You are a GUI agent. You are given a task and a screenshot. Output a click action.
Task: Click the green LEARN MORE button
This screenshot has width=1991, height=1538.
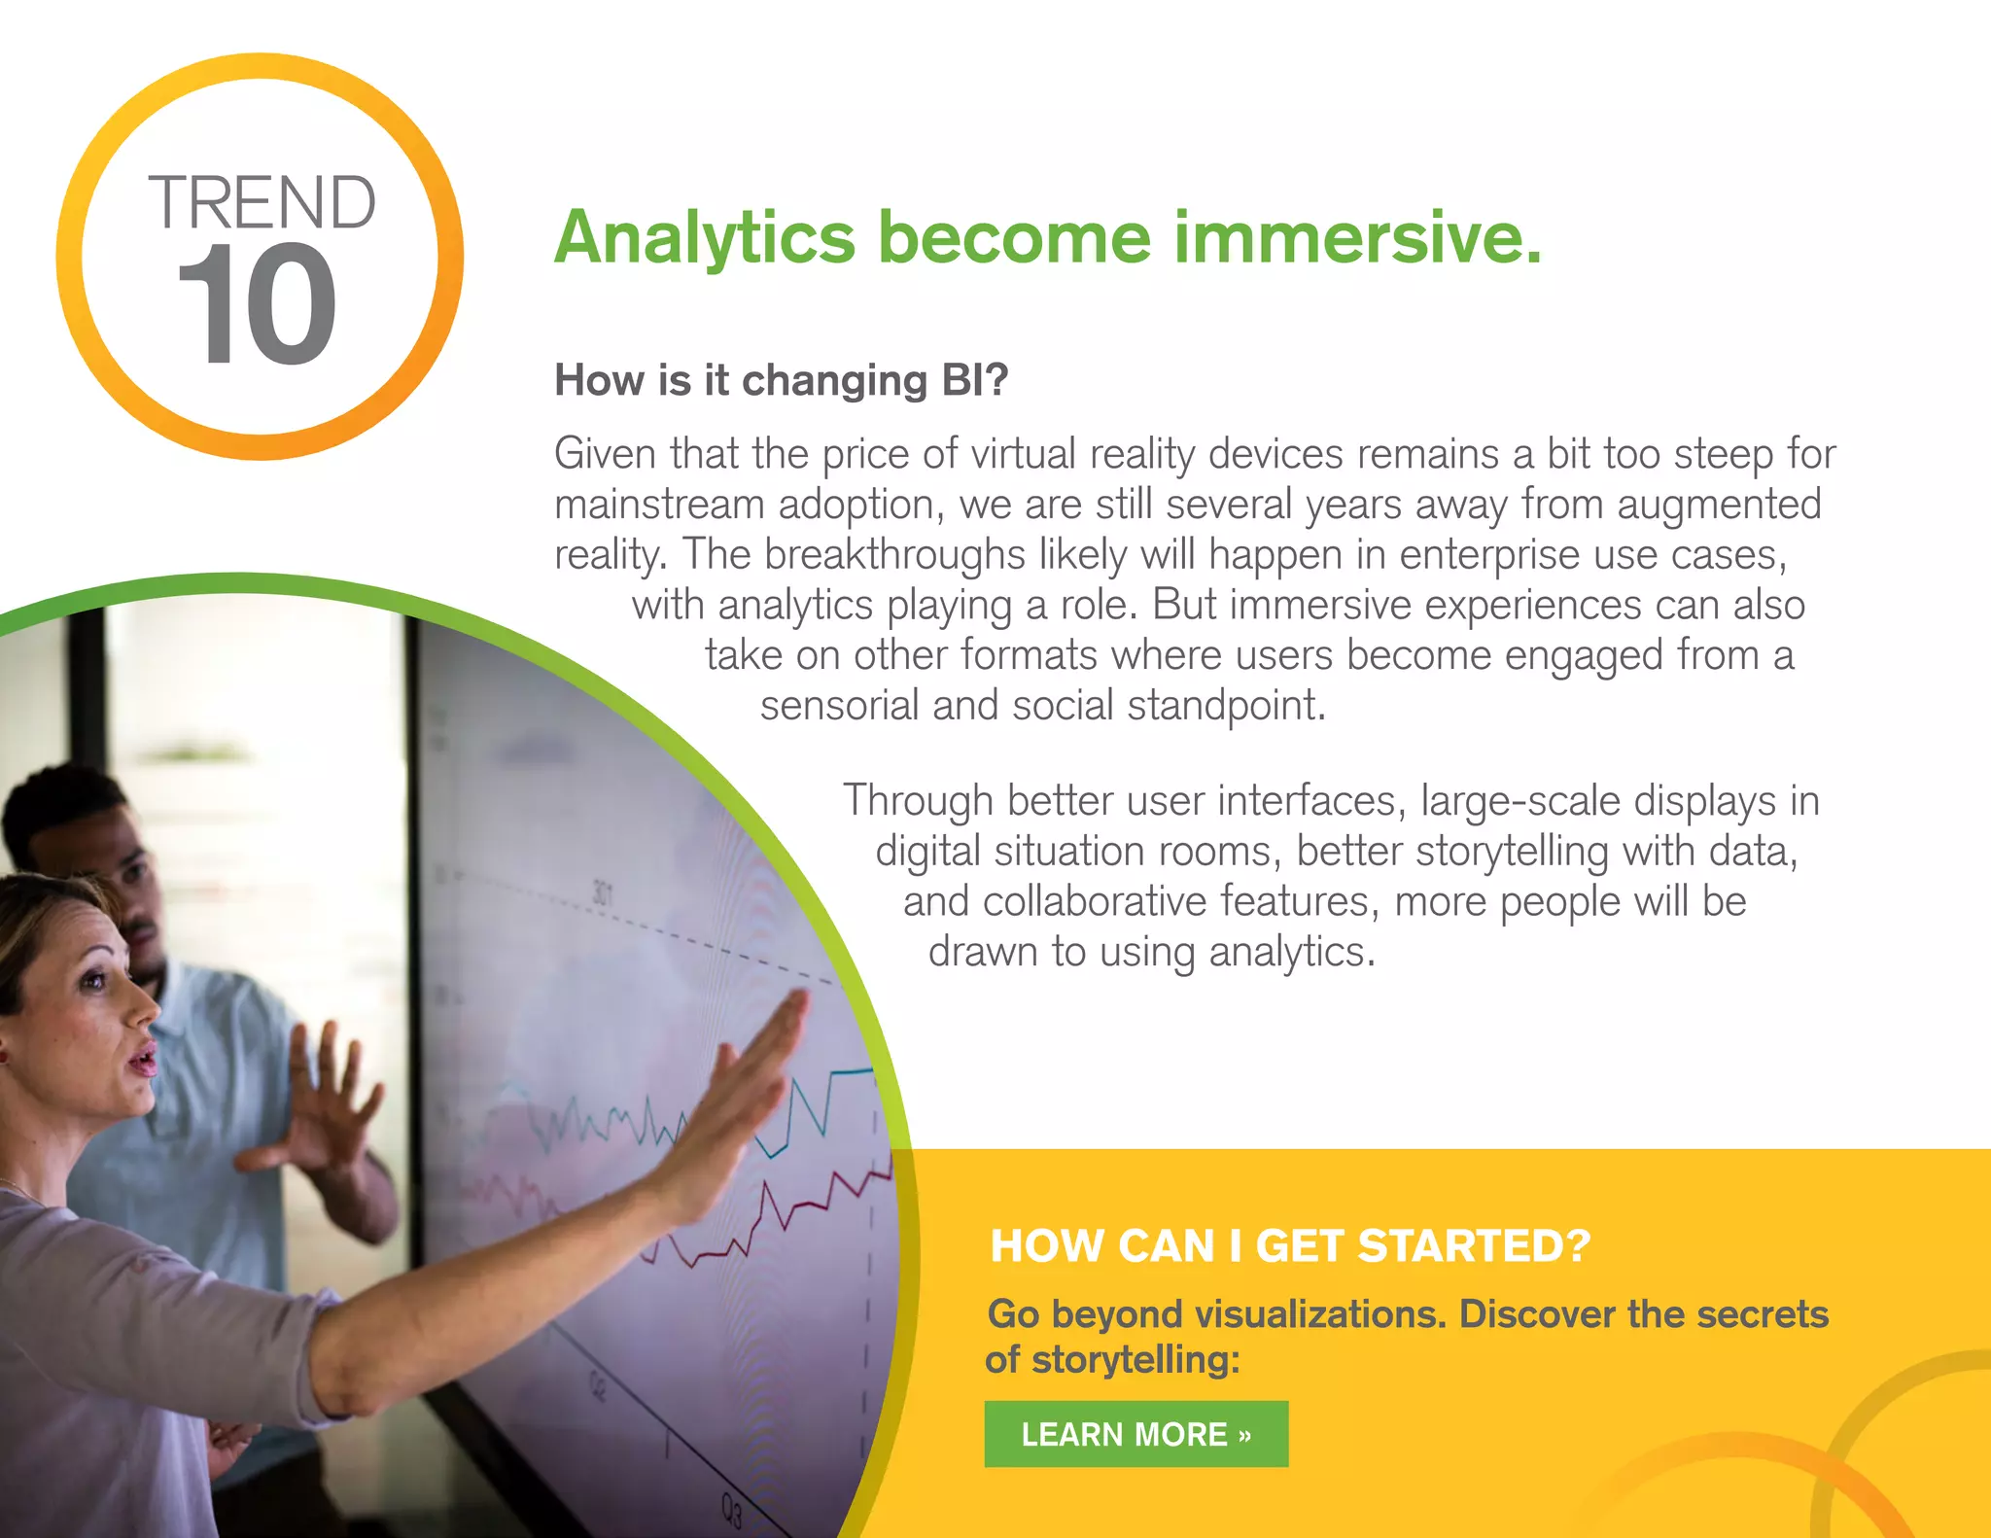[x=1135, y=1434]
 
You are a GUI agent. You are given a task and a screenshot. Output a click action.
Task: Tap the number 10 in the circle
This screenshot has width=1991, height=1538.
[x=257, y=306]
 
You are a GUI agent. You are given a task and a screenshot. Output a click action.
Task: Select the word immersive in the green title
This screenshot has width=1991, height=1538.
[x=1356, y=238]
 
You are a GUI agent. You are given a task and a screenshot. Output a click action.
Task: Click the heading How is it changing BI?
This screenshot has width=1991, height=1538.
[x=781, y=380]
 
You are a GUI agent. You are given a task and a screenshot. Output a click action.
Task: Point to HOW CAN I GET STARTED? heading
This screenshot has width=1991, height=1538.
[x=1289, y=1246]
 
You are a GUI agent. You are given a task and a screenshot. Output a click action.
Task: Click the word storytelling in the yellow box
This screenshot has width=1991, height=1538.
[x=1135, y=1360]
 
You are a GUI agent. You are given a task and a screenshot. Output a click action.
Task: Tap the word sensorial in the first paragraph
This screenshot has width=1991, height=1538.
[x=839, y=705]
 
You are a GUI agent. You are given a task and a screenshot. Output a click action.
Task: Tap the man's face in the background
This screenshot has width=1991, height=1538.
[x=136, y=894]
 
